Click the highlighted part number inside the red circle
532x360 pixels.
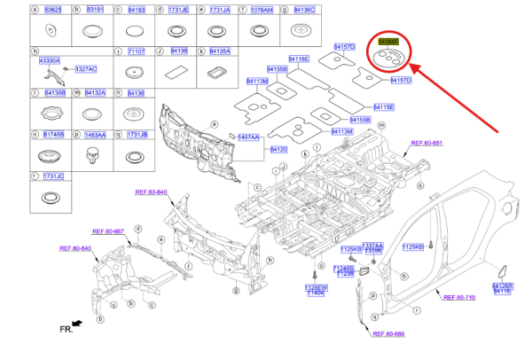tap(388, 42)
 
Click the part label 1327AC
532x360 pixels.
tap(86, 68)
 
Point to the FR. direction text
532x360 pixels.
tap(66, 328)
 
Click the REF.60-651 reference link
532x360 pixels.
tap(426, 143)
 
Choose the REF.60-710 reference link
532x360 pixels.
tap(459, 297)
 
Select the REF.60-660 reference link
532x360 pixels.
tap(387, 333)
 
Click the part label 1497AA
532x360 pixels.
tap(248, 137)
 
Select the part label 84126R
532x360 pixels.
tap(502, 286)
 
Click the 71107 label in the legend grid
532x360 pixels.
tap(136, 51)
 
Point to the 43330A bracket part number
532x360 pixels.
tap(50, 59)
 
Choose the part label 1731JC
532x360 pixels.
tap(53, 177)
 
